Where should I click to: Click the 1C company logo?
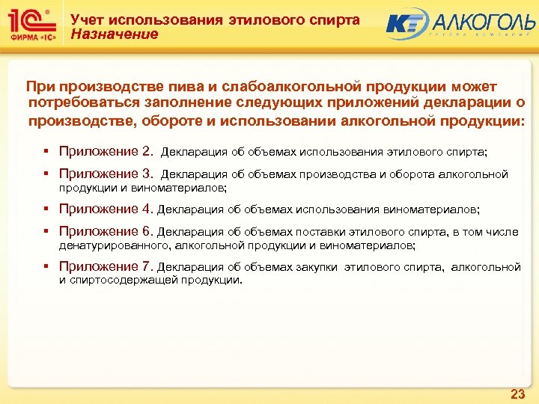pos(31,25)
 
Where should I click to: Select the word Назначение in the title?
pos(114,34)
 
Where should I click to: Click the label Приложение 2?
pos(105,152)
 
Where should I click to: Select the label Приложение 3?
pos(105,174)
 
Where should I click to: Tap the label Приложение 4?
pos(105,209)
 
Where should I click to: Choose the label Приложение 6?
pos(105,232)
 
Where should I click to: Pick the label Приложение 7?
pos(105,266)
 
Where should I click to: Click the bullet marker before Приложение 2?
pos(46,152)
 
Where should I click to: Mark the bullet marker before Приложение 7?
pos(46,266)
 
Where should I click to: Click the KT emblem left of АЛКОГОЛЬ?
pos(406,23)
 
